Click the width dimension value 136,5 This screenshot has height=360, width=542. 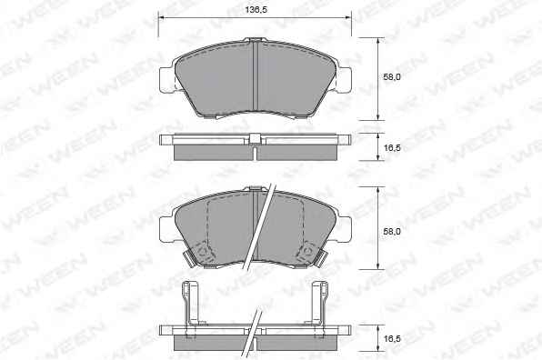[x=256, y=10]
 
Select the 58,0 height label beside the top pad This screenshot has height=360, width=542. [x=392, y=77]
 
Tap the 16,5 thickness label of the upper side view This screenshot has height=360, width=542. [x=392, y=148]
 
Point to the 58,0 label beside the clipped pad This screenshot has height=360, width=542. [x=392, y=232]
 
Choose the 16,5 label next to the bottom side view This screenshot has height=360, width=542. [x=392, y=339]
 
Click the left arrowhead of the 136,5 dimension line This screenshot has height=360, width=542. [x=162, y=17]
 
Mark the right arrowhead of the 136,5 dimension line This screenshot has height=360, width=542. [x=348, y=17]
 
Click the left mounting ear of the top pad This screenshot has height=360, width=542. [x=167, y=80]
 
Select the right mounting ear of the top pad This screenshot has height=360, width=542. [x=343, y=80]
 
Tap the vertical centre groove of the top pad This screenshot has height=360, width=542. [x=256, y=75]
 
